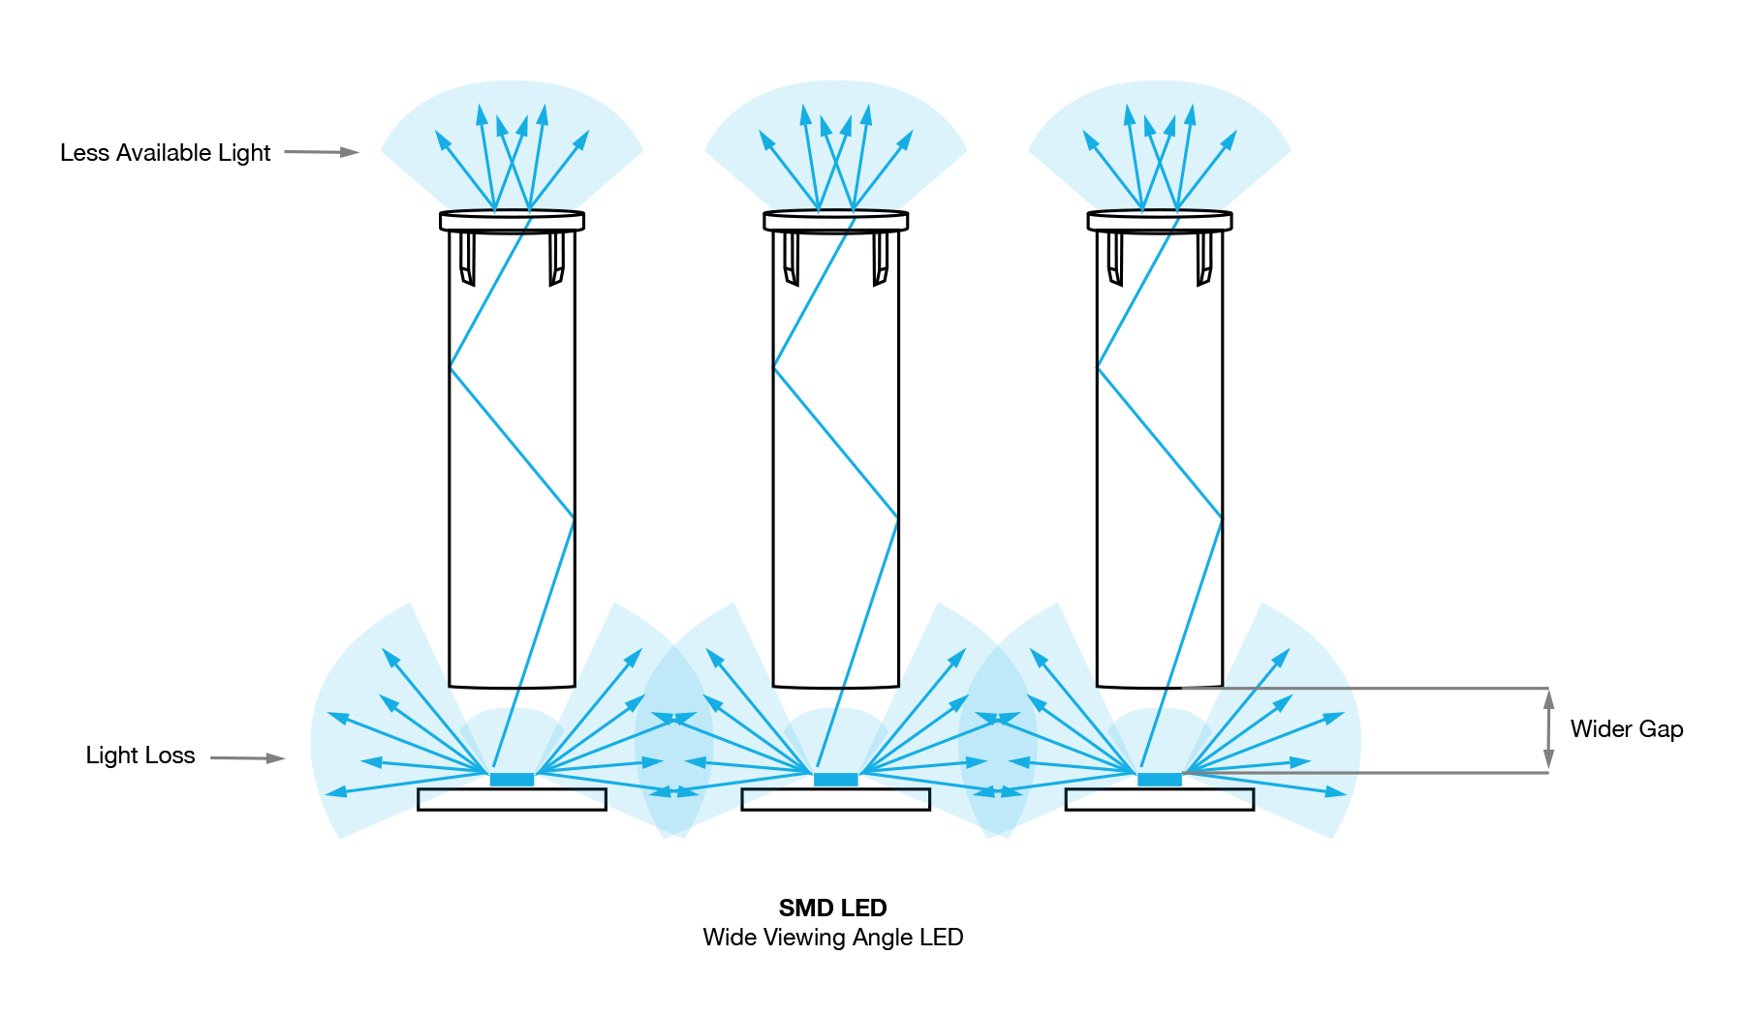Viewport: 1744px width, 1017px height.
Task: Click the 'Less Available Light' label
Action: coord(165,153)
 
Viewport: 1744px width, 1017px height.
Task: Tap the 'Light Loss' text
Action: coord(140,755)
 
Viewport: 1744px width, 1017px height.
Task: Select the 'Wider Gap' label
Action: coord(1626,729)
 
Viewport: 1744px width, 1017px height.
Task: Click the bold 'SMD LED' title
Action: coord(832,908)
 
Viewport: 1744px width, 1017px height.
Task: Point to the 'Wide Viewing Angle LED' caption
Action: coord(832,938)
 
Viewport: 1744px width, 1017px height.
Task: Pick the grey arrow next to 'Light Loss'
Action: coord(247,757)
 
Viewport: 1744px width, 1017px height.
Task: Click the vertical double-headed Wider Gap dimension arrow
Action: coord(1548,730)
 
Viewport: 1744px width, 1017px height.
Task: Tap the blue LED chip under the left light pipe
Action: coord(512,780)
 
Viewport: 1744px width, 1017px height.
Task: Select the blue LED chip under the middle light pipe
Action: coord(835,780)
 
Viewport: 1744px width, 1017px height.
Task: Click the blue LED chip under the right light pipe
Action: coord(1159,780)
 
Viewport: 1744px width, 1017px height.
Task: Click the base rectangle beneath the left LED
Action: coord(512,799)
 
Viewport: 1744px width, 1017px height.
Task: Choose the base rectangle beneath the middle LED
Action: coord(835,799)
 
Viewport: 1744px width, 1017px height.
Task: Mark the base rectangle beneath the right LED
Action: coord(1159,799)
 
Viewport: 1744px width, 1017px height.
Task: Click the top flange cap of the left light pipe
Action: coord(512,221)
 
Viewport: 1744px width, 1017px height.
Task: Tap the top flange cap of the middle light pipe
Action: coord(835,221)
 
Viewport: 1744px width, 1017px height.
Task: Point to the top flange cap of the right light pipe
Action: coord(1159,221)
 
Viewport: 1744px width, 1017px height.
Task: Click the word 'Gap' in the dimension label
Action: coord(1661,729)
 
